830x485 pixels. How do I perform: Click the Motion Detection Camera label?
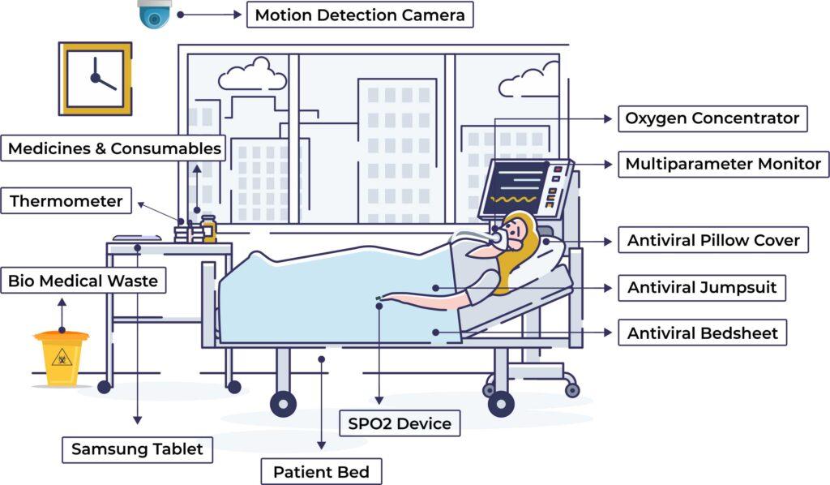click(360, 15)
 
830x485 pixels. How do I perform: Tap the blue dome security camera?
click(154, 13)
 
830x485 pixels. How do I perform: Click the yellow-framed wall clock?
click(95, 79)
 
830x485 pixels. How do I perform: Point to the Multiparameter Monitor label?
click(723, 164)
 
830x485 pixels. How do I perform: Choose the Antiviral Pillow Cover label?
click(713, 240)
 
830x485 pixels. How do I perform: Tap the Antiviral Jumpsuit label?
click(702, 287)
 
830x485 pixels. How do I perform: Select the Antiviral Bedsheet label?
click(702, 333)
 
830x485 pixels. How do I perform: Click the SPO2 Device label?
click(400, 423)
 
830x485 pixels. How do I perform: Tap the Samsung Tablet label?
click(137, 449)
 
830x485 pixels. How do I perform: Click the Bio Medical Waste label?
click(83, 281)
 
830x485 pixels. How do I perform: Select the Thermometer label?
click(66, 201)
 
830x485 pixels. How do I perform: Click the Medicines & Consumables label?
click(114, 148)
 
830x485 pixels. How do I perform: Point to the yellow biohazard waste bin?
click(62, 357)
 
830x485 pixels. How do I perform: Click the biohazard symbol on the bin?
click(62, 358)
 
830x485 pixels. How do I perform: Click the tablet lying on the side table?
click(136, 238)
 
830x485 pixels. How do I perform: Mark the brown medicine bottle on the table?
click(209, 229)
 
